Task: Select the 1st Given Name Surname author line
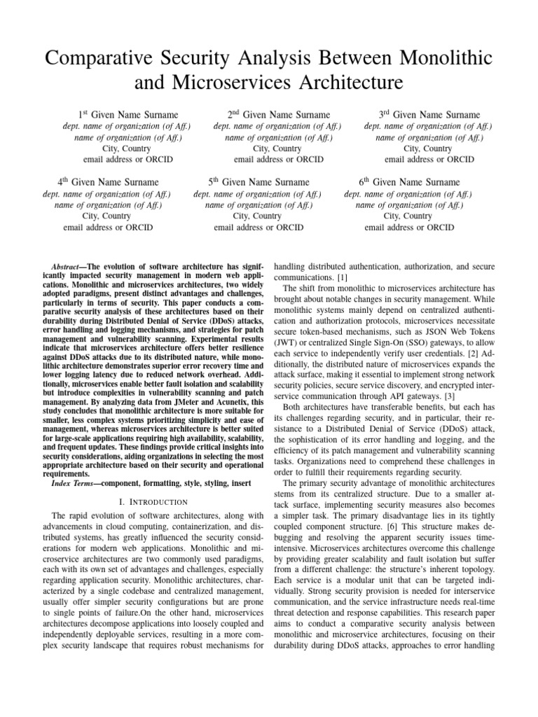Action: click(127, 114)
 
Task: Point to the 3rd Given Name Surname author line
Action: click(429, 114)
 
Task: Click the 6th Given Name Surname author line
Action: click(409, 182)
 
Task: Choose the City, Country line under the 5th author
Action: click(258, 216)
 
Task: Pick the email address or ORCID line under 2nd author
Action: click(278, 159)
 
